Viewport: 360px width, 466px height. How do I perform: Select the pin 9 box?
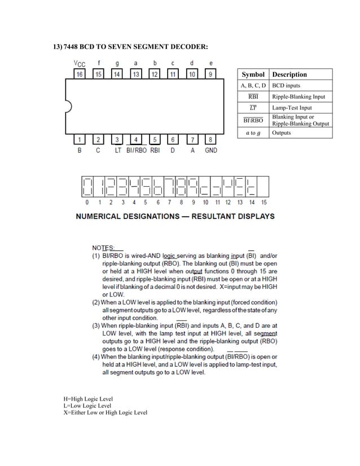(x=210, y=74)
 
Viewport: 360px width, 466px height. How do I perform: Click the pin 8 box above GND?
(x=210, y=139)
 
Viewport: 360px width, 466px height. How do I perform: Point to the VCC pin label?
(x=80, y=63)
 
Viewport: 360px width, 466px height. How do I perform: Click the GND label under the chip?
(x=210, y=151)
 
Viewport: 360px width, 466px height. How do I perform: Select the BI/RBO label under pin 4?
(x=136, y=151)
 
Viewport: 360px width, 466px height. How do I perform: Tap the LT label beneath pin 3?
(x=117, y=151)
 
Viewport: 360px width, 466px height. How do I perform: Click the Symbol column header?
(x=253, y=74)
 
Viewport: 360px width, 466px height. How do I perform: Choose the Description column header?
(x=289, y=74)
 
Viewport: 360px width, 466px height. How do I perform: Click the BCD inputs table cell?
(x=286, y=86)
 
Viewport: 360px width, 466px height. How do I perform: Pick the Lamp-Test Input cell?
(x=291, y=108)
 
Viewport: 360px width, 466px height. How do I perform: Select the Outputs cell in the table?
(x=282, y=133)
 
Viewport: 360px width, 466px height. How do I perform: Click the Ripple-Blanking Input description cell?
(x=299, y=96)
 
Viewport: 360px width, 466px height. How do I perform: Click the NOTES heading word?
(x=103, y=248)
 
